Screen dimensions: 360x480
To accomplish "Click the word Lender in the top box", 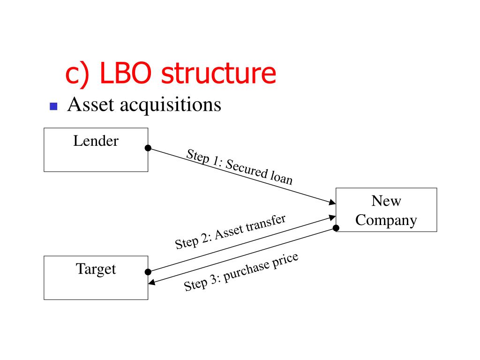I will pos(96,141).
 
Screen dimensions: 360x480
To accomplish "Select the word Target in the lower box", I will pos(96,269).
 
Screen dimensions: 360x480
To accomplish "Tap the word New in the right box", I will pos(386,201).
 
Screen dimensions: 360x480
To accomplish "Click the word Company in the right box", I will pos(386,220).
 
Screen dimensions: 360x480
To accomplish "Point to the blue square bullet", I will pos(53,106).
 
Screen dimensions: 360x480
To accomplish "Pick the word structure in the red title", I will pos(218,74).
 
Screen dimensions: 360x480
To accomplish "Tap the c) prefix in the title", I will pos(77,75).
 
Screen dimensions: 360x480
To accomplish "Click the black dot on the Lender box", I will pos(148,148).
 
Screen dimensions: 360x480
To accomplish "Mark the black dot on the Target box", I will pos(148,272).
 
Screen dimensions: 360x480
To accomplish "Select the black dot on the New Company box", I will pos(336,228).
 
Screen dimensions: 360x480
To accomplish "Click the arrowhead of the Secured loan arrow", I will pos(333,202).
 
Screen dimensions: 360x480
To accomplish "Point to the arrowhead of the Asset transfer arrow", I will pos(333,217).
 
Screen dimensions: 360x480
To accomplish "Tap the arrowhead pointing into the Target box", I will pos(151,283).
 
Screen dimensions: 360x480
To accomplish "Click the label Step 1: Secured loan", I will pos(239,166).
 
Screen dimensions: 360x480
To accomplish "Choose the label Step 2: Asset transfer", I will pos(230,232).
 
